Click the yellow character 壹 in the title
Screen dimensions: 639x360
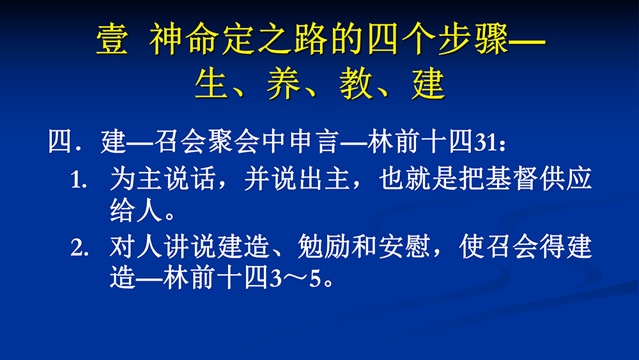[x=112, y=39]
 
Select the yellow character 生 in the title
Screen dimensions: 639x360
[x=211, y=84]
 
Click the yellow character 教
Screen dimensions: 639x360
[x=356, y=84]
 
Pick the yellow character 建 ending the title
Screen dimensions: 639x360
[x=428, y=84]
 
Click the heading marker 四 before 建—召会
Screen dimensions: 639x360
[x=60, y=141]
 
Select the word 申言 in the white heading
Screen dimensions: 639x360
[x=314, y=141]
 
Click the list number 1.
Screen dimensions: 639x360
[x=79, y=180]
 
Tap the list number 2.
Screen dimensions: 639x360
[x=79, y=247]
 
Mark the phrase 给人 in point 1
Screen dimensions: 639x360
[x=136, y=210]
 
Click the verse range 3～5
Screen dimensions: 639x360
[x=296, y=279]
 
